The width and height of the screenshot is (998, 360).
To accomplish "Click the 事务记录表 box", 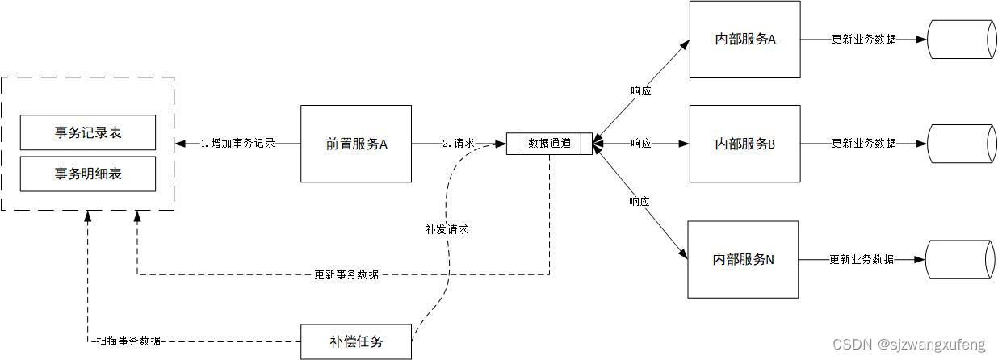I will (x=88, y=132).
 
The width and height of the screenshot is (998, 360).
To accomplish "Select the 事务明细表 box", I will (x=88, y=174).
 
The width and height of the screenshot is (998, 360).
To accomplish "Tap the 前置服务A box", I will (x=356, y=144).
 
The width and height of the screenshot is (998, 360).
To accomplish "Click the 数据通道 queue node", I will (x=549, y=144).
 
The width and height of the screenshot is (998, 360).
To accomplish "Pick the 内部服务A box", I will (x=744, y=40).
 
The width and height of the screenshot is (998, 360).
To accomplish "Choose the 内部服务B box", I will (x=744, y=144).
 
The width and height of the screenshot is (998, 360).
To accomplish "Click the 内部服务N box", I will (x=743, y=259).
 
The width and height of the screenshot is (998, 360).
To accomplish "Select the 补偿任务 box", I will (x=356, y=341).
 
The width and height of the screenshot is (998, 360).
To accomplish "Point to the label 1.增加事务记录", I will (x=237, y=144).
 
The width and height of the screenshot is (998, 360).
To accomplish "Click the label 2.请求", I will (x=458, y=144).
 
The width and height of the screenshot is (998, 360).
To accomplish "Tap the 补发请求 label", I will (x=447, y=229).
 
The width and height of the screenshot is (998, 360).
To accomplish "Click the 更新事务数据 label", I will (x=346, y=274).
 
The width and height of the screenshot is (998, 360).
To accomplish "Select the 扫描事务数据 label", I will (x=127, y=341).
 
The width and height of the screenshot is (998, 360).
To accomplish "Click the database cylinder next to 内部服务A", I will (x=960, y=40).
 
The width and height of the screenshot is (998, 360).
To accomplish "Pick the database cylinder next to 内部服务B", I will (x=960, y=144).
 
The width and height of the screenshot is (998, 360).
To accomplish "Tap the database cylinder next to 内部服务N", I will (x=960, y=260).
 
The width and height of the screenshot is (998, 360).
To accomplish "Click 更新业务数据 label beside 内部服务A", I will (x=863, y=40).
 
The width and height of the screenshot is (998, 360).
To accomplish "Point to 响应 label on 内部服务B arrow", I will (x=640, y=144).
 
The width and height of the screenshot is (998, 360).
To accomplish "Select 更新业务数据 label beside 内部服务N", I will (x=861, y=260).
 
